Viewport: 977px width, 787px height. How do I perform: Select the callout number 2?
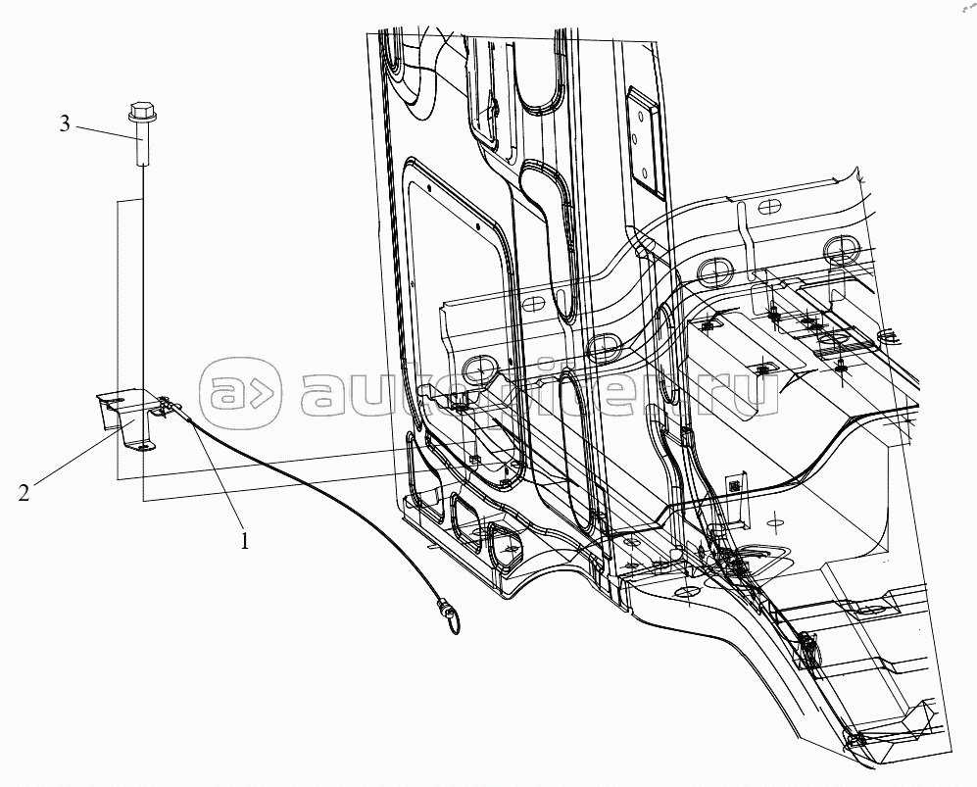tap(24, 492)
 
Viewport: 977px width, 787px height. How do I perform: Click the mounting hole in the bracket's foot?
tap(144, 445)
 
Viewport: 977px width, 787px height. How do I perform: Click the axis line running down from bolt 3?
tap(143, 274)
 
